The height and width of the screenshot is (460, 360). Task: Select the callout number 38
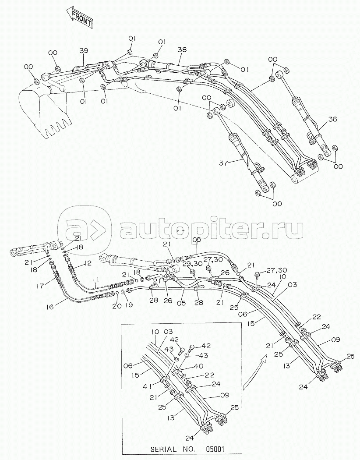pos(182,50)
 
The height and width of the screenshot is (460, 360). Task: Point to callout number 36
pos(332,119)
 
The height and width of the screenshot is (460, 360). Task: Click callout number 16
pos(50,307)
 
